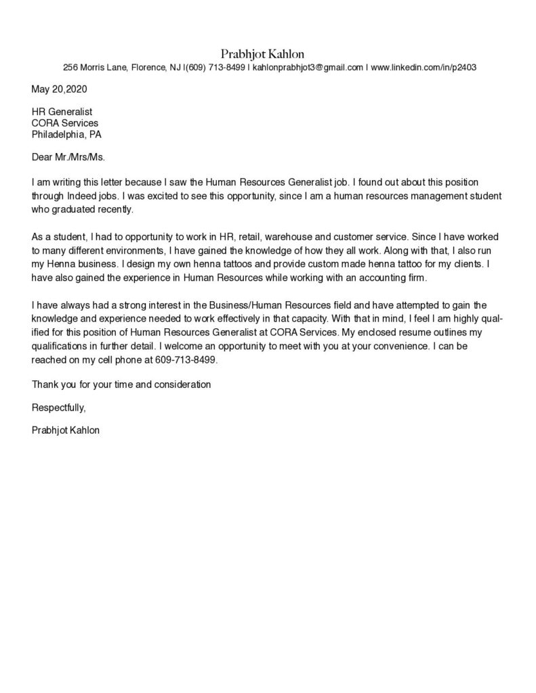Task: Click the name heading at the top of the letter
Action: click(x=268, y=53)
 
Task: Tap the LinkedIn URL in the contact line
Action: click(x=424, y=68)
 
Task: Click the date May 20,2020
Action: click(x=60, y=89)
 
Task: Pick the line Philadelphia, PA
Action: click(x=67, y=134)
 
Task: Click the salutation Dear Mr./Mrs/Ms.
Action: click(x=69, y=157)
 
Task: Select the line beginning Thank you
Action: click(x=122, y=384)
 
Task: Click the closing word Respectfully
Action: click(x=59, y=407)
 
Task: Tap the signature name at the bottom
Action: click(x=66, y=430)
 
